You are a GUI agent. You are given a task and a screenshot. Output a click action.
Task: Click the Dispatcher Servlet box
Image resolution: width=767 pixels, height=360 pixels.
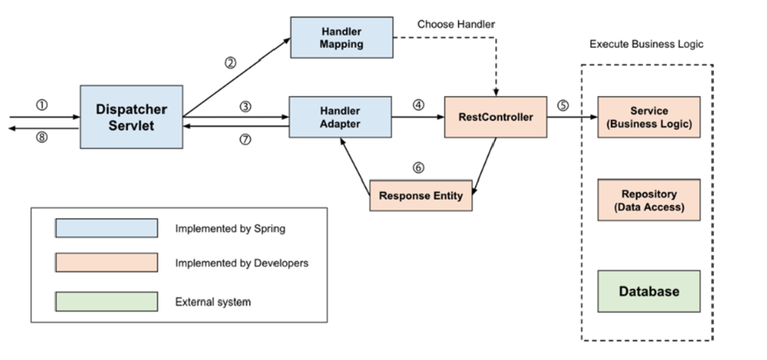point(132,117)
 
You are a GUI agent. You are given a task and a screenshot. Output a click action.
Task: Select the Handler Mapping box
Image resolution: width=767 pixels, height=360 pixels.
point(341,36)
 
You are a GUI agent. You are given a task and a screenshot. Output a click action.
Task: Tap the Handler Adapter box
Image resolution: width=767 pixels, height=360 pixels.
point(340,117)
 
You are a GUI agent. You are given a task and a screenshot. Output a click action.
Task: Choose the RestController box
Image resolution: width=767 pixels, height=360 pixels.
point(495,117)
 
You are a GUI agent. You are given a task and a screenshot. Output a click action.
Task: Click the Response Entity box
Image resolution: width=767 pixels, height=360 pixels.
point(421,196)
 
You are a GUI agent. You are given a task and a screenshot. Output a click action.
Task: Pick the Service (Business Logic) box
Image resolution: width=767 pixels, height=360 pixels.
point(649,117)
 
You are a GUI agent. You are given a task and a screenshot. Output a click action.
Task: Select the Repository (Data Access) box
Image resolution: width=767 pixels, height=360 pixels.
point(649,200)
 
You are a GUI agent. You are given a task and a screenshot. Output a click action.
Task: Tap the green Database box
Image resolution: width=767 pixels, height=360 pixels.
point(649,291)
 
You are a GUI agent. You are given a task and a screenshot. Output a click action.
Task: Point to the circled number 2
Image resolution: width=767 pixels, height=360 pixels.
point(230,63)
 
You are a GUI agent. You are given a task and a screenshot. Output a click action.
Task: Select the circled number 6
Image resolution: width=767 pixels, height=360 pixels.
point(419,168)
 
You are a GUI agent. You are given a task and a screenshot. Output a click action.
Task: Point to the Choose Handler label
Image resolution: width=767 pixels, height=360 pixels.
point(456,24)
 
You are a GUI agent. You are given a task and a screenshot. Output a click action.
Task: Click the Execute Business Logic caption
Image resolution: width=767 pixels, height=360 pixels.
point(646,45)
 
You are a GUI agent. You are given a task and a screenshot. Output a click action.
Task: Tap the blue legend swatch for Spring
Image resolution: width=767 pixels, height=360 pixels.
point(106,228)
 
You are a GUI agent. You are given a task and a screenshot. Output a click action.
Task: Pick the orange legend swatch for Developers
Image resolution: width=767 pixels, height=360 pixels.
point(106,263)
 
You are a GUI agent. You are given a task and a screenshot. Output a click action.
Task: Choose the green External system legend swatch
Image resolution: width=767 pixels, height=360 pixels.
point(106,302)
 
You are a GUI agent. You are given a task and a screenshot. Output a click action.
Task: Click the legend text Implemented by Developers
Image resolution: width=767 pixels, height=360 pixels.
point(242,263)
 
